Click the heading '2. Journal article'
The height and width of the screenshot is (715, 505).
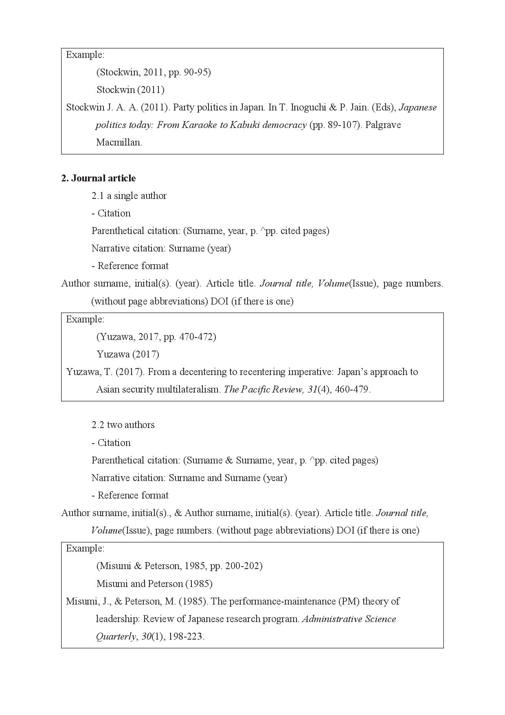[98, 178]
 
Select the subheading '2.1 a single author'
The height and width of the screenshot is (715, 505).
[129, 196]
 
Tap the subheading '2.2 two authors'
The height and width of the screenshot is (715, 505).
[123, 425]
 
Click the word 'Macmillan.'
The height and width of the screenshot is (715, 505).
[119, 142]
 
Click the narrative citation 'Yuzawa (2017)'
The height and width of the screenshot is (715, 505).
[128, 354]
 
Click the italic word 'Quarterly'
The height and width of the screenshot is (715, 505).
[116, 636]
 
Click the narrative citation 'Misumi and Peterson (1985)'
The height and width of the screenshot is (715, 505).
[154, 584]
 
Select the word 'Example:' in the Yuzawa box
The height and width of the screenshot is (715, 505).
[85, 319]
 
